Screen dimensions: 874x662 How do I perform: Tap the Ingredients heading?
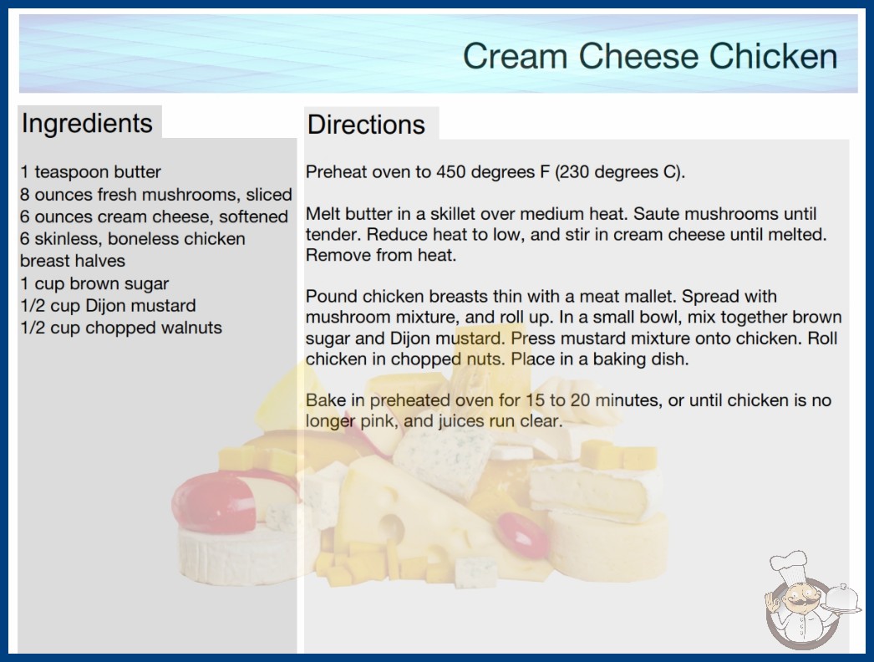point(87,123)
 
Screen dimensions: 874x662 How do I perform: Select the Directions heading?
point(366,125)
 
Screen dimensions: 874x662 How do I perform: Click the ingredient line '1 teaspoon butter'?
point(90,172)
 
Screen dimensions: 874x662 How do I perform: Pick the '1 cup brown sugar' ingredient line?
point(94,283)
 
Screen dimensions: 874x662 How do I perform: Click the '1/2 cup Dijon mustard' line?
point(108,306)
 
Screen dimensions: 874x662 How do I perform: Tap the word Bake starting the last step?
point(326,400)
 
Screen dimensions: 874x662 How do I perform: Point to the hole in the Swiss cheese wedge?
point(392,528)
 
